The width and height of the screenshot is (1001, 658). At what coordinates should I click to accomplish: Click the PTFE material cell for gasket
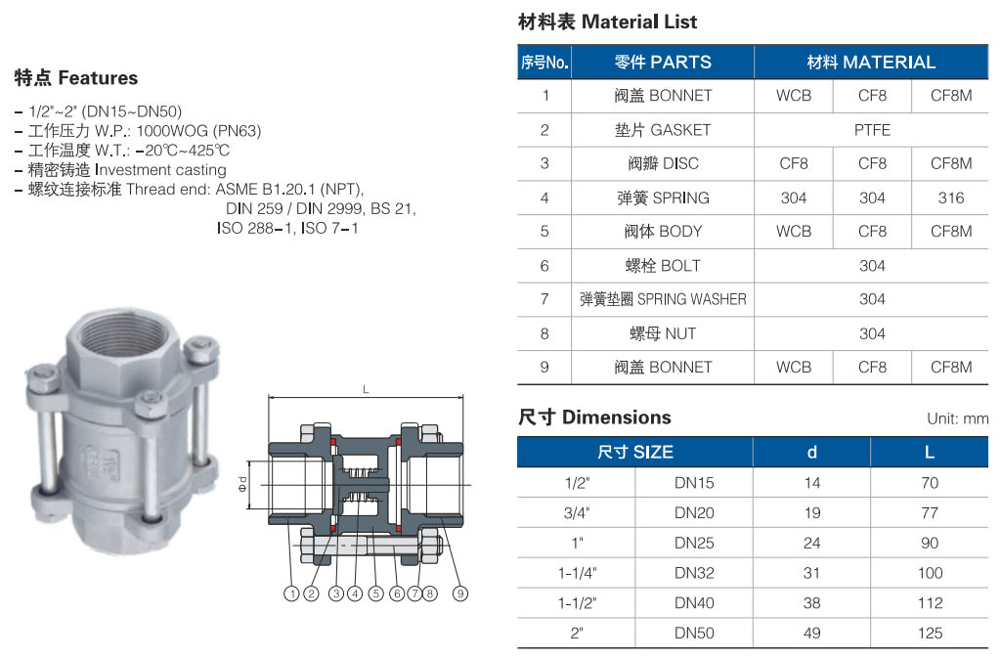(x=872, y=130)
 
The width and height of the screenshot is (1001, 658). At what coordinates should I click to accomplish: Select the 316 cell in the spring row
(x=950, y=197)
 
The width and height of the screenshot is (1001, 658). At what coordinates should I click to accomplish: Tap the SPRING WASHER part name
(x=663, y=299)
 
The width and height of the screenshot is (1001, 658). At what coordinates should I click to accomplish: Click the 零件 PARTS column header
(x=663, y=63)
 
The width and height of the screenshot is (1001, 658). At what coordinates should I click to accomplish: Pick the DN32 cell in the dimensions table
(x=694, y=573)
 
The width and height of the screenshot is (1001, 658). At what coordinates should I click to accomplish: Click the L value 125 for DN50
(x=930, y=633)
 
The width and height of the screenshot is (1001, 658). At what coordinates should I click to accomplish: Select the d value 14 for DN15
(x=811, y=483)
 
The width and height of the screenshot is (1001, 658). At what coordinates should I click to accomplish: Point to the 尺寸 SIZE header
(x=635, y=452)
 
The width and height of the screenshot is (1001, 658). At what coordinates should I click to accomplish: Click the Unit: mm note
(x=957, y=418)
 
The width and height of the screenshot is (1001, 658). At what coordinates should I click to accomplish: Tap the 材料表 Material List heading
(x=607, y=22)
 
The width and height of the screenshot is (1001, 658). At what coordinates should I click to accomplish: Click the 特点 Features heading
(x=76, y=78)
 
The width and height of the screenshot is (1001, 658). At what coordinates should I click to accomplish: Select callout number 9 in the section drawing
(x=460, y=592)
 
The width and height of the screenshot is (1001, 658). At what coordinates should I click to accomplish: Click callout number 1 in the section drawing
(x=291, y=592)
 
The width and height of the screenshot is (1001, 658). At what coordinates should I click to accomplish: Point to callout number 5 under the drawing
(x=375, y=592)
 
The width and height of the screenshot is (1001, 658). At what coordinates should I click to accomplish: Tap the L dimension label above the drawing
(x=366, y=389)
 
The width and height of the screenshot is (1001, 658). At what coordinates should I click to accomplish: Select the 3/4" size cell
(x=576, y=512)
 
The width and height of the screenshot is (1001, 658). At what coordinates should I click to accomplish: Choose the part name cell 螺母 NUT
(x=663, y=333)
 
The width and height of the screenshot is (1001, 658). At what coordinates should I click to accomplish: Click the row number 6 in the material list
(x=544, y=266)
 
